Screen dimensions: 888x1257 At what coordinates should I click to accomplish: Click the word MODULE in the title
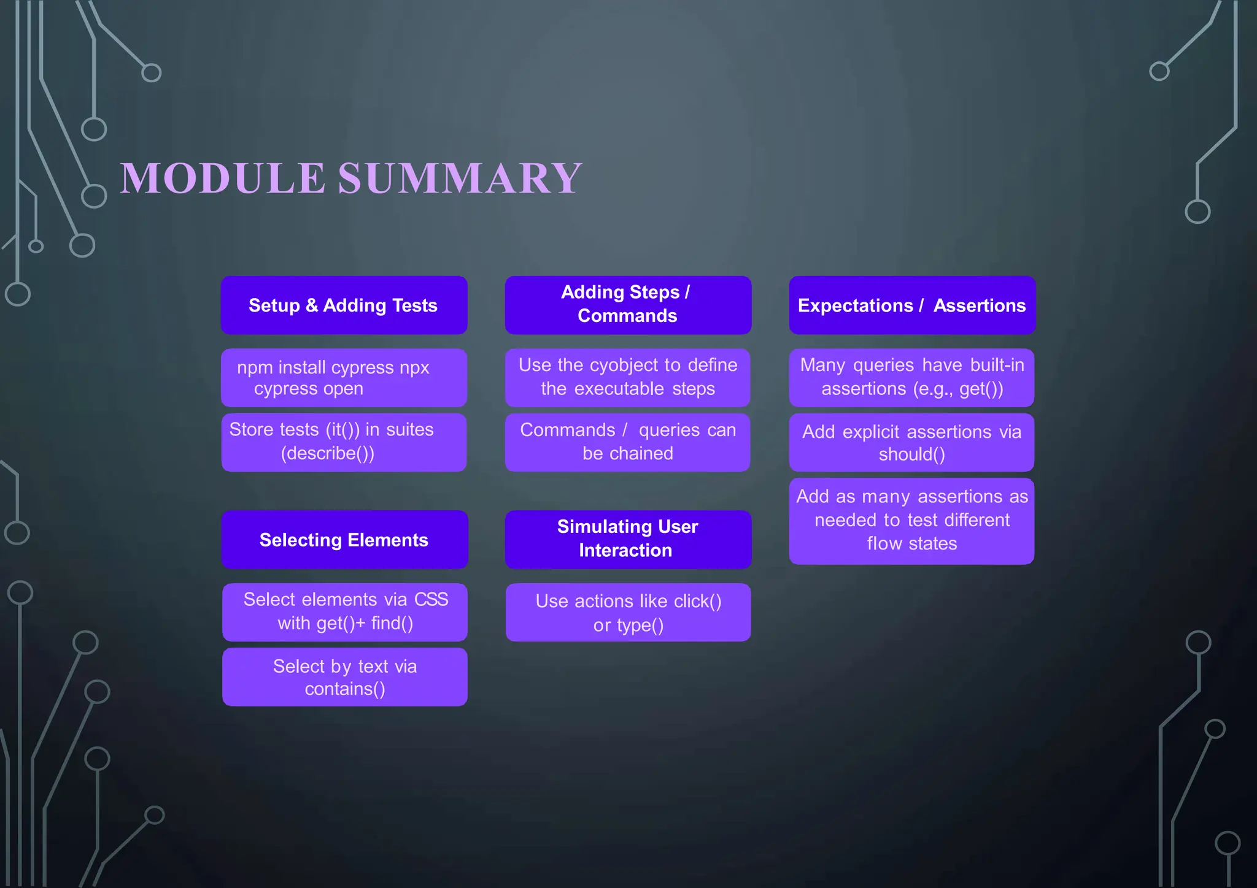pyautogui.click(x=222, y=178)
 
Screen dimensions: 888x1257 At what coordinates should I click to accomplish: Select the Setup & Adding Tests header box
pyautogui.click(x=344, y=305)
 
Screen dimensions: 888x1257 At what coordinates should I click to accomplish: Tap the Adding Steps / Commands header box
pyautogui.click(x=628, y=305)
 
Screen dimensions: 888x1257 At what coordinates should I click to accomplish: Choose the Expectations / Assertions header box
pyautogui.click(x=912, y=305)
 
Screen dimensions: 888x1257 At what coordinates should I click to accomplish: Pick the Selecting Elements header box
pyautogui.click(x=344, y=540)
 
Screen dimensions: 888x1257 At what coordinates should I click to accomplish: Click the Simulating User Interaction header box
pyautogui.click(x=628, y=539)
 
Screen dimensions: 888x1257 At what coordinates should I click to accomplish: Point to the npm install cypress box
pyautogui.click(x=344, y=378)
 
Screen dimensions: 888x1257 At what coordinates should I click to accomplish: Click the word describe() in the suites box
pyautogui.click(x=328, y=454)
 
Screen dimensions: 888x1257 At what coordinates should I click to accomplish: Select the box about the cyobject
pyautogui.click(x=628, y=377)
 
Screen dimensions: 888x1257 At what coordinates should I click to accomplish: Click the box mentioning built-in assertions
pyautogui.click(x=912, y=377)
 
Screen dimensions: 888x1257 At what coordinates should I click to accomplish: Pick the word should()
pyautogui.click(x=912, y=455)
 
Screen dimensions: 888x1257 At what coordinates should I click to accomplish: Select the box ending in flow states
pyautogui.click(x=912, y=521)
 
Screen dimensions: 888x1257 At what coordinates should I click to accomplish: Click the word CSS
pyautogui.click(x=431, y=599)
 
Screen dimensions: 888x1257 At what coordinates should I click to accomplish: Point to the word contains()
pyautogui.click(x=345, y=689)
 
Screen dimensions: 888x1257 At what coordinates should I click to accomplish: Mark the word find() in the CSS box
pyautogui.click(x=392, y=624)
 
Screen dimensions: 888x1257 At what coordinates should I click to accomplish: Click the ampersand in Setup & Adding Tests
pyautogui.click(x=311, y=305)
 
